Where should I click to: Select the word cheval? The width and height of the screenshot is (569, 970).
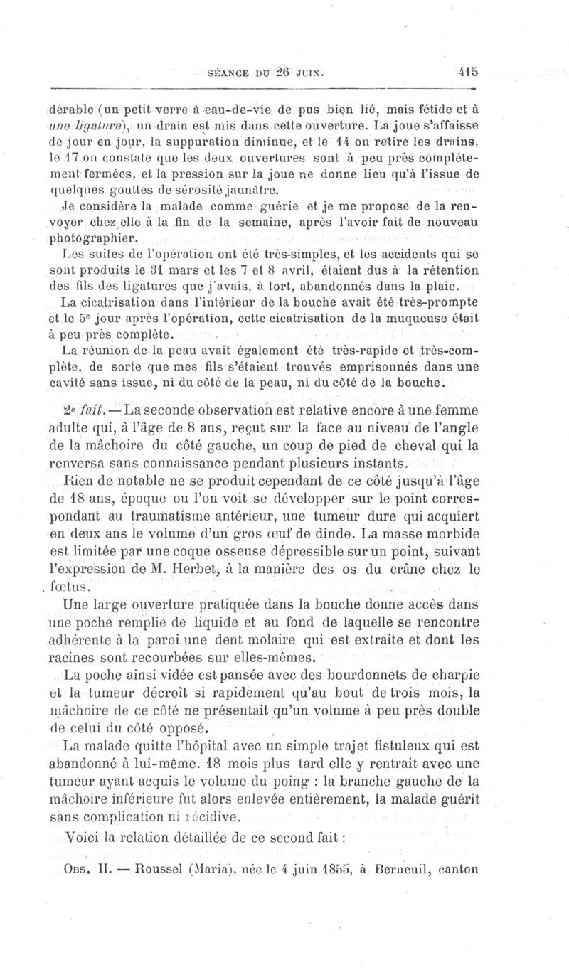click(x=415, y=447)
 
